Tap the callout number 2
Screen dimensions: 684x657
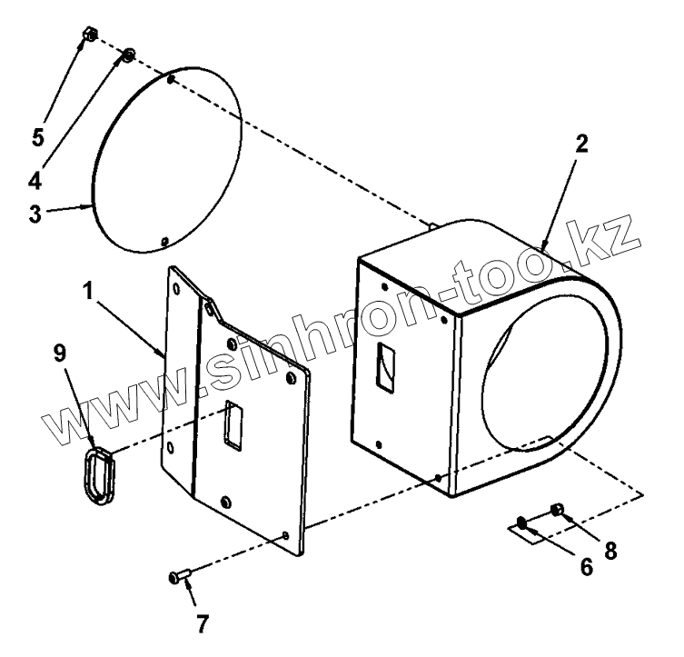pyautogui.click(x=581, y=143)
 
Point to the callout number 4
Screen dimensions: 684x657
pyautogui.click(x=34, y=179)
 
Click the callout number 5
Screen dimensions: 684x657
pyautogui.click(x=37, y=137)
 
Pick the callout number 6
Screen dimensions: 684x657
pyautogui.click(x=586, y=567)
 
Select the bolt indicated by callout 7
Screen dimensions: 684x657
pyautogui.click(x=178, y=575)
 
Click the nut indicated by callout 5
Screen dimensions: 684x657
pyautogui.click(x=90, y=35)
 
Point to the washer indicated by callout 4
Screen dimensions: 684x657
pyautogui.click(x=129, y=55)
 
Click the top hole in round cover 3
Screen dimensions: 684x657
pyautogui.click(x=172, y=80)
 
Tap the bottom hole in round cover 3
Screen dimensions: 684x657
pyautogui.click(x=164, y=240)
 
